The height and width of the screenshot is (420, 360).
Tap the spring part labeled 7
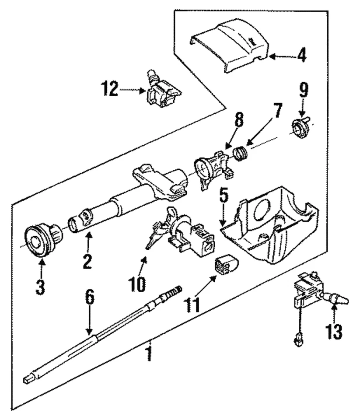pos(240,153)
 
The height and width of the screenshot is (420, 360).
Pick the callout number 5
pos(224,197)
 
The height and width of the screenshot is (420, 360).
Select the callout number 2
pos(87,261)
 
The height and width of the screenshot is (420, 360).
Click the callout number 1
pos(150,353)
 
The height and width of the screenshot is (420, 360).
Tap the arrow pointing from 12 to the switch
pos(132,90)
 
